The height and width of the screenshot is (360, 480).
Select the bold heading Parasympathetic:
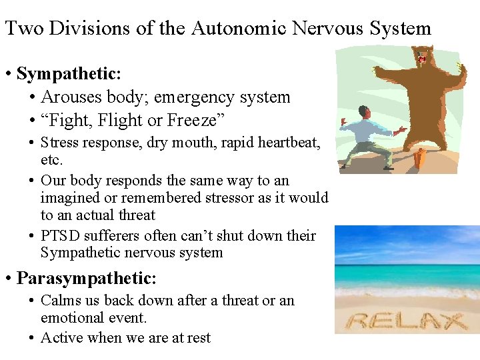coord(87,277)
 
